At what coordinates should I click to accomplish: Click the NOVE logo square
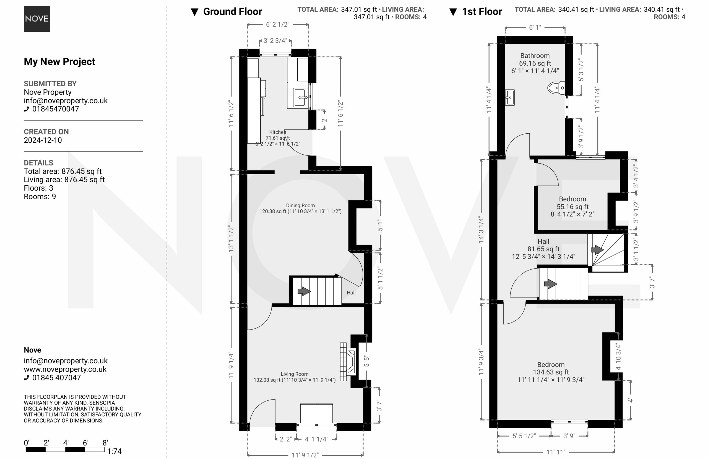37,19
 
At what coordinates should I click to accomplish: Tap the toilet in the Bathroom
556,88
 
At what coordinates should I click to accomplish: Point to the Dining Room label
300,205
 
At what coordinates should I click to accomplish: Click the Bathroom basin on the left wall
510,97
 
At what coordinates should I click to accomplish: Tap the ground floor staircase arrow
304,291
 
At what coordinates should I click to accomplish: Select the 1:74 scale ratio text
114,451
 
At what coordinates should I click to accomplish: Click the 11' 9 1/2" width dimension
305,455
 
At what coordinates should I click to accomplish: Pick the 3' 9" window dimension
569,436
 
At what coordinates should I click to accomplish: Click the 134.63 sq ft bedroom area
551,372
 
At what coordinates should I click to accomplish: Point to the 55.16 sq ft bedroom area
573,206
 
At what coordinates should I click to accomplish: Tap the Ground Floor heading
232,12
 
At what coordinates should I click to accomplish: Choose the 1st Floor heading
482,12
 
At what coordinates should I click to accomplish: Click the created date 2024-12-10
43,140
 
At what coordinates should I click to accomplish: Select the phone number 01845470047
56,109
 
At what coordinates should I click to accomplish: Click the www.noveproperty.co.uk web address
65,369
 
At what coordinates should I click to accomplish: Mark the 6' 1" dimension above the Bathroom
535,27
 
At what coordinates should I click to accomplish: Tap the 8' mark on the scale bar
105,443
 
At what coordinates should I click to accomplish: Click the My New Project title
59,61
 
